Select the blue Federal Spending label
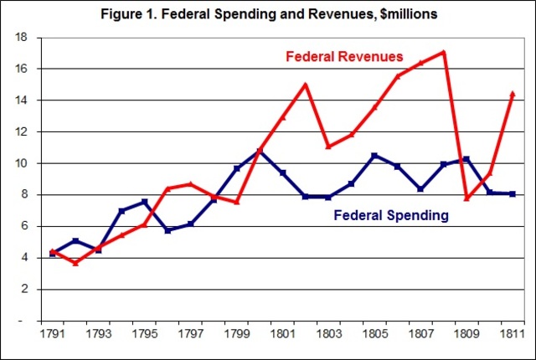(x=391, y=215)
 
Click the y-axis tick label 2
(x=26, y=290)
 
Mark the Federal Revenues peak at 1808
(x=443, y=52)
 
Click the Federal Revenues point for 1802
(x=306, y=84)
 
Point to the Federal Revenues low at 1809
(x=466, y=198)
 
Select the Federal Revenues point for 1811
(x=513, y=94)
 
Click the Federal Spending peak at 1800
(x=260, y=151)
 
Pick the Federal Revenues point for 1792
(x=76, y=263)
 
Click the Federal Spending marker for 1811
(x=513, y=193)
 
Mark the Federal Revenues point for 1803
(x=328, y=147)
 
